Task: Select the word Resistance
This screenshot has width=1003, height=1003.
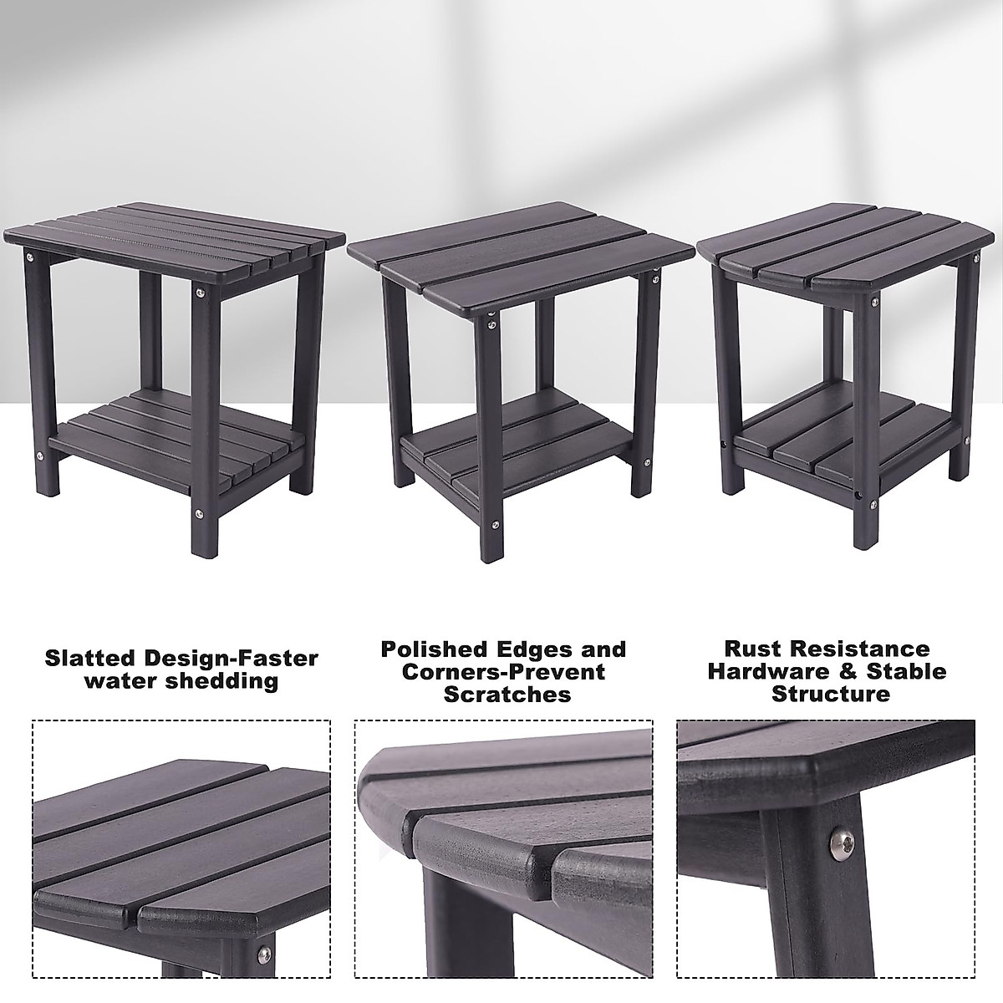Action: [x=870, y=649]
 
